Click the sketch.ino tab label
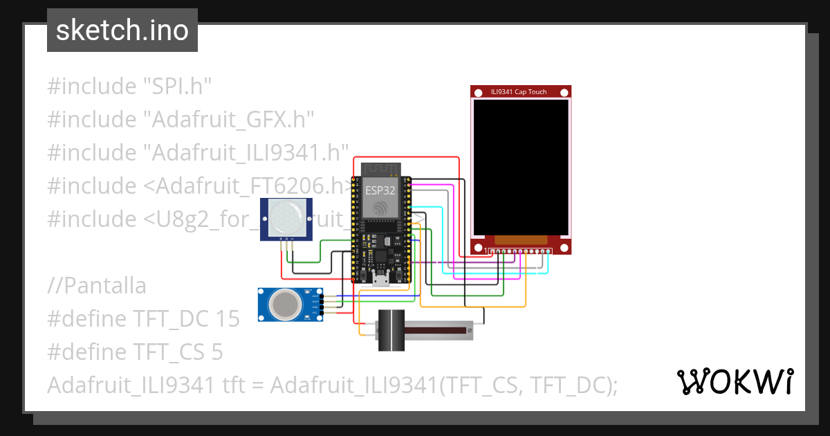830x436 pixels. (x=122, y=30)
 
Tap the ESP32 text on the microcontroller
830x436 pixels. (x=381, y=188)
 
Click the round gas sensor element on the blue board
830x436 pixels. (x=284, y=305)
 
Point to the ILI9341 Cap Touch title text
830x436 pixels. (x=519, y=91)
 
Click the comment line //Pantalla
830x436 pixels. (x=97, y=285)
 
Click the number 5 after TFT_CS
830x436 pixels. (x=216, y=352)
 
